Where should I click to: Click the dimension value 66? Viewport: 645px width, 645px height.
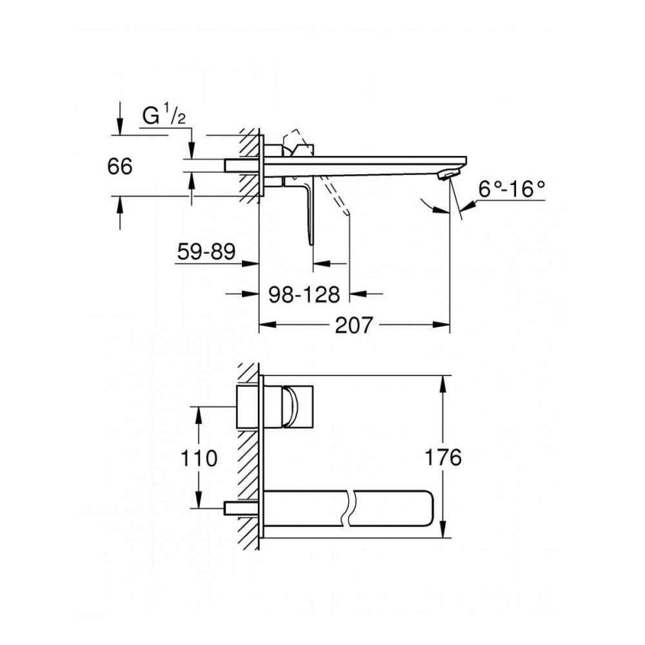(119, 166)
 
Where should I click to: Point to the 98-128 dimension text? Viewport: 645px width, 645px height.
(304, 295)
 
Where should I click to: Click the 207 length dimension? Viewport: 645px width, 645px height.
(354, 326)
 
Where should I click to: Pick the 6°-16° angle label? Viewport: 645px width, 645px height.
(511, 189)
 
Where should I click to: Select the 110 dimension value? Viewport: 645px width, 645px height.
(199, 459)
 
